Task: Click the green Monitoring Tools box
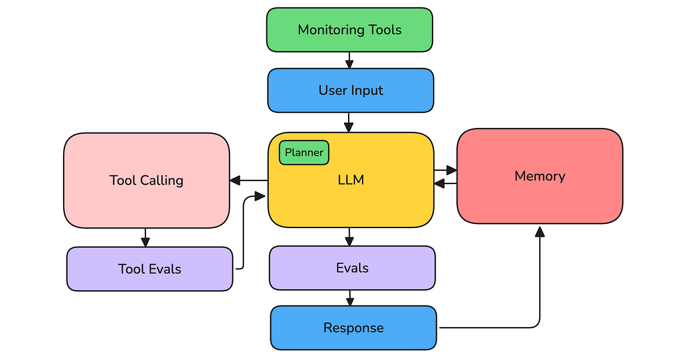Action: coord(349,30)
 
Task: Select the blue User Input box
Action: coord(350,90)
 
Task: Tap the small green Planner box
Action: coord(304,153)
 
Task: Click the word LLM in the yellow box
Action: coord(351,180)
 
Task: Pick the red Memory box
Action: coord(539,176)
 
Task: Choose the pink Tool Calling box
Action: coord(147,181)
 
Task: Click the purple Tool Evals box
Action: coord(149,269)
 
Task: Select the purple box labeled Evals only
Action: coord(352,268)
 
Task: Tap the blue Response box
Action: coord(353,328)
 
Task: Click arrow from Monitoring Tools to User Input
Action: coord(349,60)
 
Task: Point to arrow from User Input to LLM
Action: coord(349,122)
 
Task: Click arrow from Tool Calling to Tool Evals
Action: coord(145,237)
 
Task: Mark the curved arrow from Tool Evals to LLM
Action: coord(243,232)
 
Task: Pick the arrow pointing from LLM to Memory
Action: coord(445,170)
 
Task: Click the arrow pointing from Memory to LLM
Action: coord(445,183)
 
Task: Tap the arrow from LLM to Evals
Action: coord(349,237)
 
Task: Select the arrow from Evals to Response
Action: coord(349,299)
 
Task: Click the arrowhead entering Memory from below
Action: coord(540,232)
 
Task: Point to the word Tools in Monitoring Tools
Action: coord(384,30)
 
